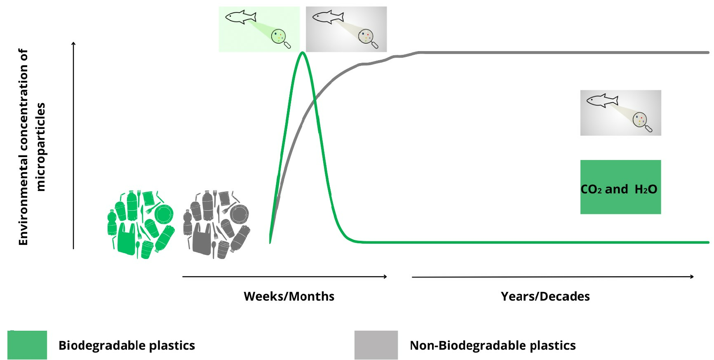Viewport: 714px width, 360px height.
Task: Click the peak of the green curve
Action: (x=303, y=52)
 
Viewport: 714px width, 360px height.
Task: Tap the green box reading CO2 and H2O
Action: (x=620, y=187)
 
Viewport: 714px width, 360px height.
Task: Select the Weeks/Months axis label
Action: (x=289, y=296)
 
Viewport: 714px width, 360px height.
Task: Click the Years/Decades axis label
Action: (x=545, y=296)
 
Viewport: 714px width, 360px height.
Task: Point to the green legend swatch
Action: (x=27, y=345)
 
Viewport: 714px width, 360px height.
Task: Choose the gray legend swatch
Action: (x=376, y=345)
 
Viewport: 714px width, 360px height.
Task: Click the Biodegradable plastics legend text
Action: (x=127, y=345)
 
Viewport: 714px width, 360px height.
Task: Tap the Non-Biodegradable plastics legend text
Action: (x=493, y=345)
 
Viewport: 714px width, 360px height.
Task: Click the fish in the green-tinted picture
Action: (x=241, y=17)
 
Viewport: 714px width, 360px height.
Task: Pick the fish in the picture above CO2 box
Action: (x=602, y=100)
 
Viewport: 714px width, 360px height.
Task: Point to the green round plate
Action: (x=164, y=214)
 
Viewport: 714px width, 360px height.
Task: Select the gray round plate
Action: (x=240, y=214)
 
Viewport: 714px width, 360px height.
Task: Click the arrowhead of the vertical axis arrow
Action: (x=73, y=43)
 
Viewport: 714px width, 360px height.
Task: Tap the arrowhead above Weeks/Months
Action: (x=385, y=277)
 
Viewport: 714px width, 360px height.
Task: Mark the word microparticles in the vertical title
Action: (x=40, y=147)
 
